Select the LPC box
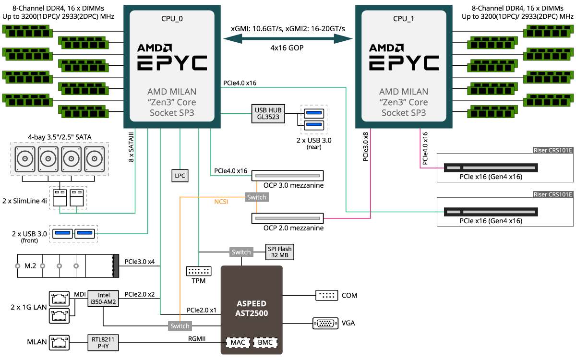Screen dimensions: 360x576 pyautogui.click(x=180, y=176)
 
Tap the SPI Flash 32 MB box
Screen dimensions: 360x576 pyautogui.click(x=279, y=252)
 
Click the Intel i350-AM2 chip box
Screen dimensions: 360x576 pyautogui.click(x=103, y=299)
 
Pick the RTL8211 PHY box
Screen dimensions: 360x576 pyautogui.click(x=103, y=342)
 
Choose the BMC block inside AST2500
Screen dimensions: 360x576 pyautogui.click(x=265, y=343)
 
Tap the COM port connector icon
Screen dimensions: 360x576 pyautogui.click(x=326, y=295)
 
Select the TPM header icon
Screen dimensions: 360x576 pyautogui.click(x=198, y=271)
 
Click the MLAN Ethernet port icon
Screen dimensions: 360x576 pyautogui.click(x=60, y=342)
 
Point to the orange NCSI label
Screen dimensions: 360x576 pyautogui.click(x=221, y=202)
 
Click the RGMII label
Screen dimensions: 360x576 pyautogui.click(x=197, y=339)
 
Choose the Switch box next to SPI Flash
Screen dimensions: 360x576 pyautogui.click(x=241, y=252)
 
